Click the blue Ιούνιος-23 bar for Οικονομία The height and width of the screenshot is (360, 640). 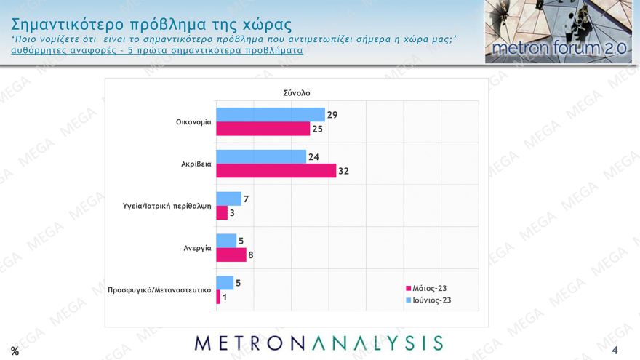(271, 115)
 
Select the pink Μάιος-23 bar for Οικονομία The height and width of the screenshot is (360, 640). (263, 129)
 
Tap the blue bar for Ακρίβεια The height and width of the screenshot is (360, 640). (261, 156)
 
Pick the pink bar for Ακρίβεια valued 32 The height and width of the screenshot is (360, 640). (276, 171)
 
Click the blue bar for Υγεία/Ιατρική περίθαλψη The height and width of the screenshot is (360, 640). (228, 199)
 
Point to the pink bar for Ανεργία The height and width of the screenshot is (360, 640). (231, 255)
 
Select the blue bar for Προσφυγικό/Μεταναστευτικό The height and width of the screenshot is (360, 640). (225, 282)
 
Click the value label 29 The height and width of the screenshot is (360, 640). (332, 115)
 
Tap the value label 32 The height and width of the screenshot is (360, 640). (344, 171)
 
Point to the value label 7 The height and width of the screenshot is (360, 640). (246, 199)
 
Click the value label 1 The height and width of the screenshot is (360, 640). (225, 297)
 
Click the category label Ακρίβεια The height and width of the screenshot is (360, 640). (196, 164)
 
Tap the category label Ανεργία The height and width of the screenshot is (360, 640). (197, 248)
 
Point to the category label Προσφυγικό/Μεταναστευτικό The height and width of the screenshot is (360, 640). (159, 289)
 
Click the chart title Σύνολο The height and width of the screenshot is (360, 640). (297, 93)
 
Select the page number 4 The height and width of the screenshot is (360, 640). (615, 351)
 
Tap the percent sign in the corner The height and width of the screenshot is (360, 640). (15, 351)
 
